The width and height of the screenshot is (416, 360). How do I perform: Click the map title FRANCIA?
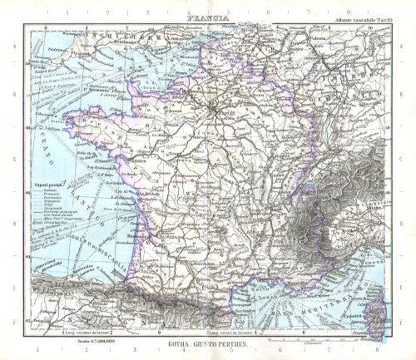coord(207,15)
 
